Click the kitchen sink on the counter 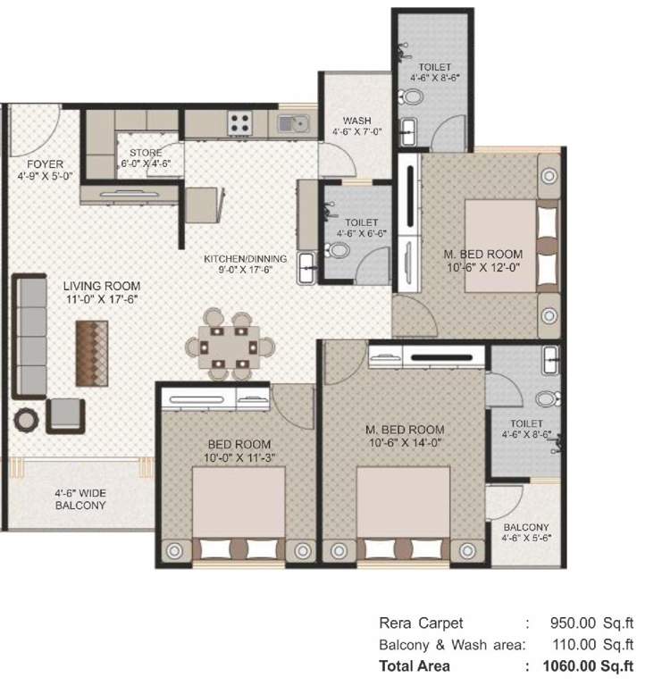[291, 122]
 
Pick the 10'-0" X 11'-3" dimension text [239, 458]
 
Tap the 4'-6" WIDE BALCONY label [80, 498]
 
